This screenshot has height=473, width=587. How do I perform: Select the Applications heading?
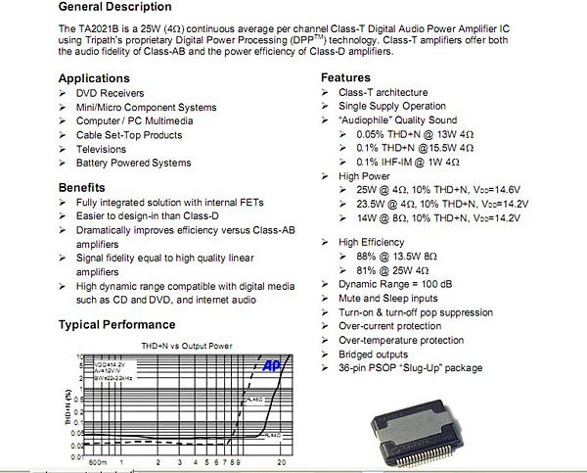[93, 77]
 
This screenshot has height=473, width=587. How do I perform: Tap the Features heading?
[345, 77]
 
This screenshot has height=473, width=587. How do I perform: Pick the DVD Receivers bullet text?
[110, 92]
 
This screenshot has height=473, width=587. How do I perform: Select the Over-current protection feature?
[388, 326]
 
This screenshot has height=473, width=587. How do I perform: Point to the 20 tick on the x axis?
[282, 461]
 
